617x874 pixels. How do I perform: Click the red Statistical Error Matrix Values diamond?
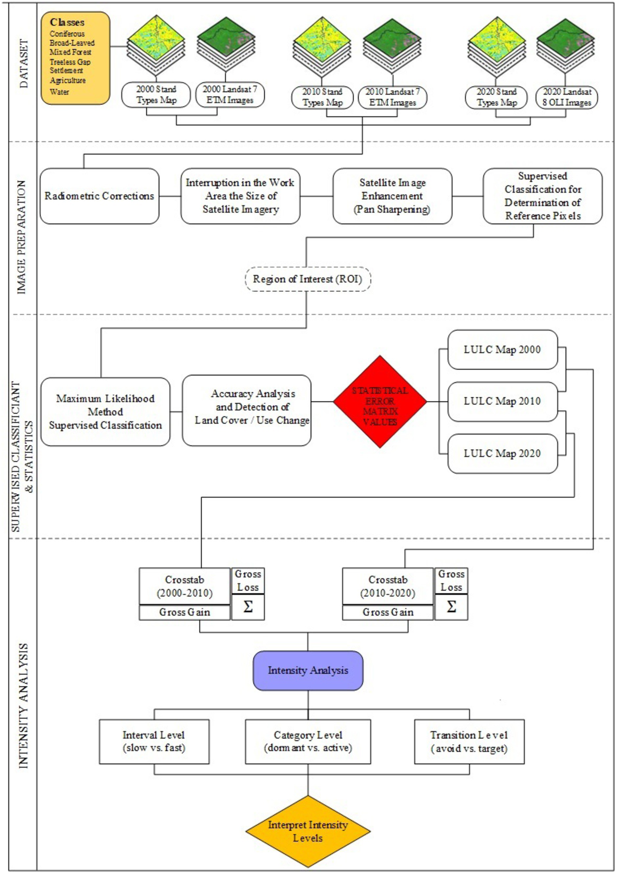pos(380,401)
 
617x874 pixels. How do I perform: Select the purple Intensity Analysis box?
pos(308,670)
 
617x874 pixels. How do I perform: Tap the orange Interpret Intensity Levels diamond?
pos(308,831)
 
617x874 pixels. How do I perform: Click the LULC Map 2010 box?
pos(502,401)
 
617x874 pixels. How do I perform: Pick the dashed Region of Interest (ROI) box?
pos(307,279)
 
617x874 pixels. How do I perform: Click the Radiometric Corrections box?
pos(99,196)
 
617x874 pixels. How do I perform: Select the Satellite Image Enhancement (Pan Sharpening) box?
pos(392,196)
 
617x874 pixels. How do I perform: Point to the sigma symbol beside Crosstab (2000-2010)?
pos(248,607)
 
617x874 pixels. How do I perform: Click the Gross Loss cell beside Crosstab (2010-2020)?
pos(451,580)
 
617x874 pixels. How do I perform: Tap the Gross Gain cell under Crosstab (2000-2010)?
pos(184,612)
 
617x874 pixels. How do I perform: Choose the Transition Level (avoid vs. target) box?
pos(469,741)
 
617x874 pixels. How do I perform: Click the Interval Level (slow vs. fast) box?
pos(154,741)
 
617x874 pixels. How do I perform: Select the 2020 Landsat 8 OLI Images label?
pos(567,97)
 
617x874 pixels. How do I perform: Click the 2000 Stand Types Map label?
pos(156,95)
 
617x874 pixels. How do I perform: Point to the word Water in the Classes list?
pos(59,92)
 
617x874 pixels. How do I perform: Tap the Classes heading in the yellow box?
pos(67,23)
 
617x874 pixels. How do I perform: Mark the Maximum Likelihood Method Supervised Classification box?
pos(105,412)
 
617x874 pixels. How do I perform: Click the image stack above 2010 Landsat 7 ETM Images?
pos(392,46)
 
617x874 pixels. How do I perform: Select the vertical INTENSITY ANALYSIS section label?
pos(24,706)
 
